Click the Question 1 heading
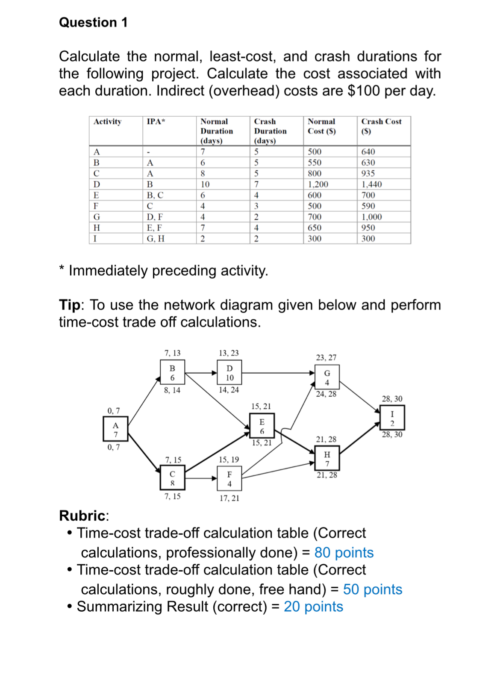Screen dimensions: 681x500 93,22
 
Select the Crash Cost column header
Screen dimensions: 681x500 381,126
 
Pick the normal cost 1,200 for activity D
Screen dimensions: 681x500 318,184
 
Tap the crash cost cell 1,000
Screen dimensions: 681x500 371,217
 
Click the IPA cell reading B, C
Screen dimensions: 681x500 155,195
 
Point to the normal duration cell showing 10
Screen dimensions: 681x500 205,184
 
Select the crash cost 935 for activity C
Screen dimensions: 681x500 368,173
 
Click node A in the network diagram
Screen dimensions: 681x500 115,429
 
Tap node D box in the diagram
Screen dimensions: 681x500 229,373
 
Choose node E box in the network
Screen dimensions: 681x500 262,426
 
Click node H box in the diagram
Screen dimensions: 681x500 327,458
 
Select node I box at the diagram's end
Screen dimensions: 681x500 392,418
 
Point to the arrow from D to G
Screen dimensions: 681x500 278,373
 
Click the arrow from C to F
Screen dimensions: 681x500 201,478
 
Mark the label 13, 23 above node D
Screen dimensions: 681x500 229,353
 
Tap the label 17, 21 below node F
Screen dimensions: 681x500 229,498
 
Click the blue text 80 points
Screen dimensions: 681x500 344,552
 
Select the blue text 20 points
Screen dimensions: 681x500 313,607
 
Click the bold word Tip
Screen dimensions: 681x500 69,305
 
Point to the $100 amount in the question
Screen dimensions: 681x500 363,91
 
